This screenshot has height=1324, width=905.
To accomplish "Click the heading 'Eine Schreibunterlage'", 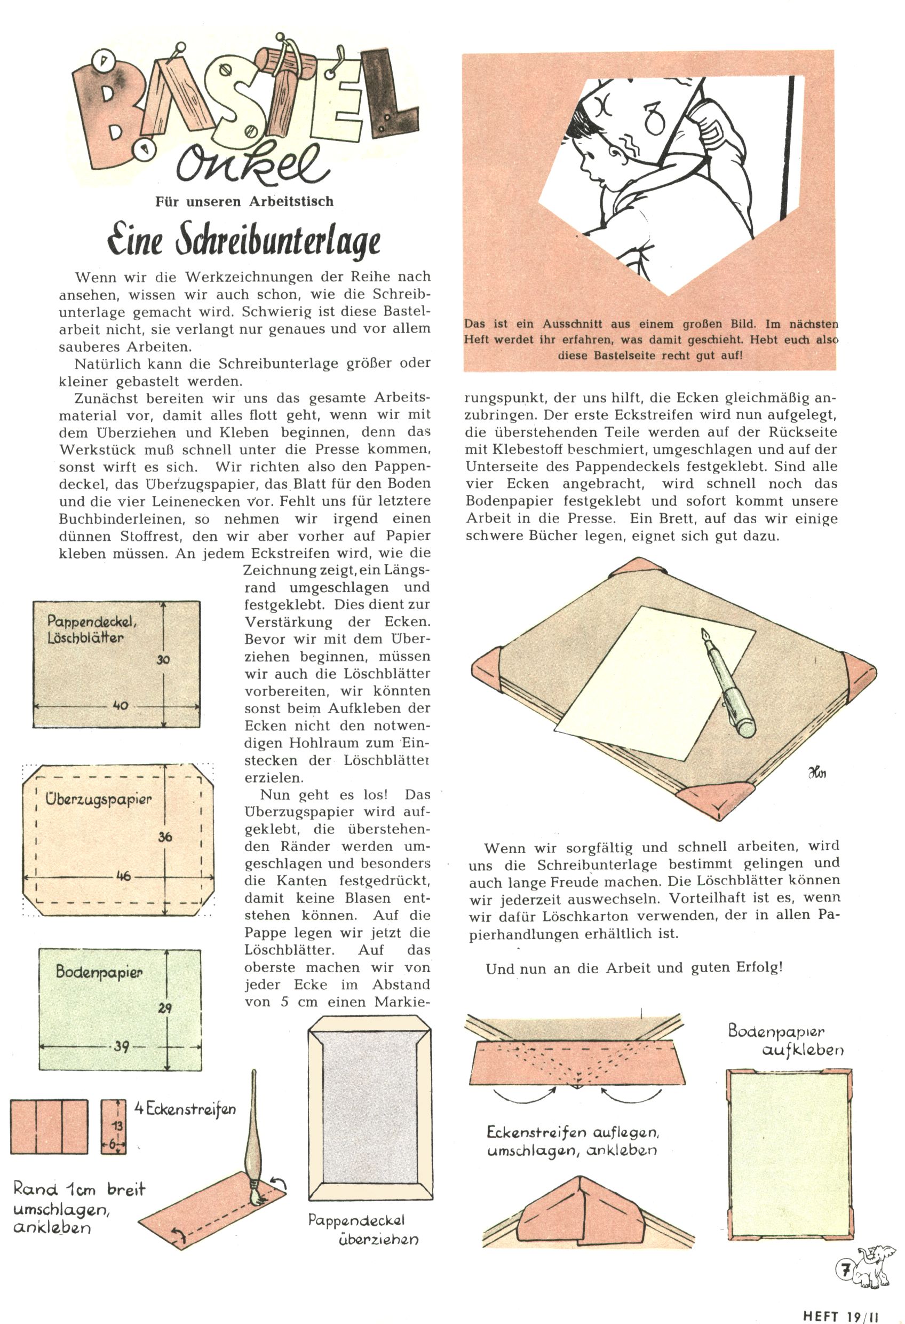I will coord(244,241).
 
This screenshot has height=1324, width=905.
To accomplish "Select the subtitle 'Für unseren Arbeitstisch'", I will coord(244,202).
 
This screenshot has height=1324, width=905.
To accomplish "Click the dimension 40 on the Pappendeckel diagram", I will coord(121,705).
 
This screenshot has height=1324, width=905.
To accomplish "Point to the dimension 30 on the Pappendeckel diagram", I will coord(164,659).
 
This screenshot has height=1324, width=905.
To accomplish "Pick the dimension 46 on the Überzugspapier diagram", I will coord(123,876).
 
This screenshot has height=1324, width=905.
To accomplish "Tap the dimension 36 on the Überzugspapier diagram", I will coord(165,837).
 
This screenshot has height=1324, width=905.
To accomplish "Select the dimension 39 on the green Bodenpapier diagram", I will coord(121,1046).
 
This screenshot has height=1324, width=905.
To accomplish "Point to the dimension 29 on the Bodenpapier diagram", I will coord(165,1008).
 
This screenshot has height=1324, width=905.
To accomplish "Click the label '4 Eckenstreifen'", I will coord(185,1109).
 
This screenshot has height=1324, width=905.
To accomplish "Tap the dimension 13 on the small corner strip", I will coord(118,1125).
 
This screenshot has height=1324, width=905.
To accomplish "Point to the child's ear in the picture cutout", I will coord(614,151).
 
